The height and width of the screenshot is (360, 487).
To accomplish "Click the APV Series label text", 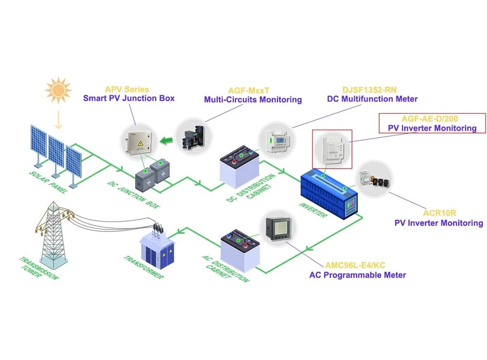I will point(127,89).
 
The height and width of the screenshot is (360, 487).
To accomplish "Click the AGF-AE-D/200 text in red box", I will point(430,119).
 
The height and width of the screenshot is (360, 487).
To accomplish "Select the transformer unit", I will point(157,249).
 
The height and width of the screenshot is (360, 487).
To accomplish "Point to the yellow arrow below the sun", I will point(58,118).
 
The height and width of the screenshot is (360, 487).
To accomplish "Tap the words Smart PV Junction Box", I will point(129,98).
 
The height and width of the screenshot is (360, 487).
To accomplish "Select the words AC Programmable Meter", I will point(357,275).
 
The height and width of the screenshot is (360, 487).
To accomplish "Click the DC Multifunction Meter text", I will point(372,99).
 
